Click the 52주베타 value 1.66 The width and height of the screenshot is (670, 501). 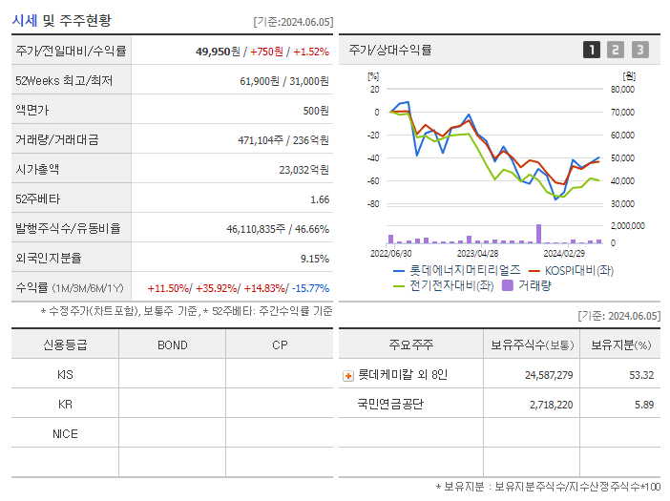click(319, 199)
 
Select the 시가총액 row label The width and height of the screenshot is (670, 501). click(37, 170)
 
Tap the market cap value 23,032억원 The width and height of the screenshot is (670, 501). click(304, 170)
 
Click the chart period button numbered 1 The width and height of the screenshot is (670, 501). click(592, 51)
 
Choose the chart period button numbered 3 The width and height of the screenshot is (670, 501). click(639, 51)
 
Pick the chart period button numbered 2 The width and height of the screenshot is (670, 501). click(616, 51)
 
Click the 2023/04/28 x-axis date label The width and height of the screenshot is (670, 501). click(477, 254)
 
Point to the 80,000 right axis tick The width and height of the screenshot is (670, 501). click(621, 90)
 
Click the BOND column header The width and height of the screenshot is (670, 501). click(172, 344)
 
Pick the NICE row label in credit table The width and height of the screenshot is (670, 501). click(65, 433)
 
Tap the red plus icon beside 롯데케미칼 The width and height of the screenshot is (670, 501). click(348, 375)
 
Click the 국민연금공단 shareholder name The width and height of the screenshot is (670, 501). click(389, 405)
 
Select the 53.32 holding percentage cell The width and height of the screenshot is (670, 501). click(640, 375)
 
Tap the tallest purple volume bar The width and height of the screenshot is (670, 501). click(539, 234)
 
